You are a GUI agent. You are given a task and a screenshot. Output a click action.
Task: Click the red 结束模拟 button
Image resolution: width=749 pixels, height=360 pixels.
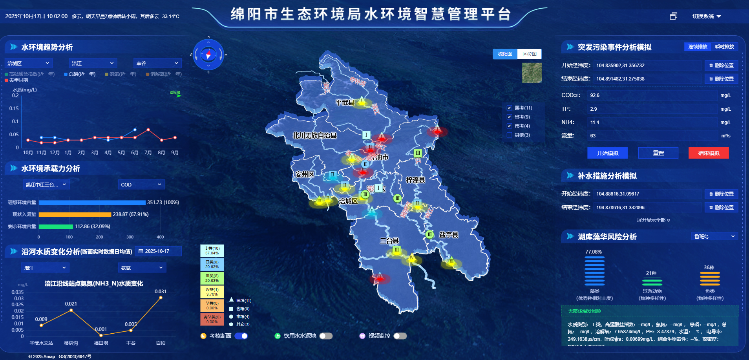pos(709,153)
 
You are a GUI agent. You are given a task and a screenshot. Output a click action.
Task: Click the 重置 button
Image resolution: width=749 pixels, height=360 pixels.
pos(658,153)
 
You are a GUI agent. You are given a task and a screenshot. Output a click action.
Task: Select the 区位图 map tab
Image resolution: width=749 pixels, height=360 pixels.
pos(530,54)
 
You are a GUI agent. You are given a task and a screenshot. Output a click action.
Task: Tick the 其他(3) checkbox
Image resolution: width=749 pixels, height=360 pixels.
pos(510,135)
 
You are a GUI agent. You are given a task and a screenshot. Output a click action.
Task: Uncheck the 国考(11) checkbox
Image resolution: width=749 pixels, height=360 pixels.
pos(510,108)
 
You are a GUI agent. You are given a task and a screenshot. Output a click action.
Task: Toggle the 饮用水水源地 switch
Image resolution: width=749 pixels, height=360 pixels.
pos(326,336)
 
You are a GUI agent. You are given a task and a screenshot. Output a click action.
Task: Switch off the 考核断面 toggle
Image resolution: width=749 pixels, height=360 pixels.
pos(241,336)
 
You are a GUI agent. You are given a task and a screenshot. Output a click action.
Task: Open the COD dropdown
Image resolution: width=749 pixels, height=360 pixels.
pos(141,185)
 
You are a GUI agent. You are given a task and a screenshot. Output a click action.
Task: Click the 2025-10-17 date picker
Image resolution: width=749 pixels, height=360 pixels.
pos(158,251)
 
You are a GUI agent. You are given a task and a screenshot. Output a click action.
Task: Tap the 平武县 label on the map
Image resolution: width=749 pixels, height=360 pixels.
pos(345,102)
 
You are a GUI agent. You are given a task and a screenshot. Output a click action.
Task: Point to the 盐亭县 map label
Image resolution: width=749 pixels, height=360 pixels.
pos(449,235)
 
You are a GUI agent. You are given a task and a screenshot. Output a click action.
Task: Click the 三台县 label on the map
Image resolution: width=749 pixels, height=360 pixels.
pos(389,241)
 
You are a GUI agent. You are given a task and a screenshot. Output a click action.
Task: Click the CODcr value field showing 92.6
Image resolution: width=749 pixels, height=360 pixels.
pos(652,95)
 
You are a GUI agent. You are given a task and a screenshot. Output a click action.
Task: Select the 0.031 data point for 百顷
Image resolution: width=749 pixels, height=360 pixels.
pos(161,298)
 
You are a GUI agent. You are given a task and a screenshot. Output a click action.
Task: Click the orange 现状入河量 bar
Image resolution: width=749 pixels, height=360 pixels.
pos(75,214)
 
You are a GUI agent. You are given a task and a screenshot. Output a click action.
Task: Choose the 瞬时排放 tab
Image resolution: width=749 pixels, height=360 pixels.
pos(724,47)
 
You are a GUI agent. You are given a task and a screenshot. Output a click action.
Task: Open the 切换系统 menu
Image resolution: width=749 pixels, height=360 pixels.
pos(707,16)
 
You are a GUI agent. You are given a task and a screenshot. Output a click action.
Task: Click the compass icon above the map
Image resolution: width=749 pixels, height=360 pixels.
pos(208,55)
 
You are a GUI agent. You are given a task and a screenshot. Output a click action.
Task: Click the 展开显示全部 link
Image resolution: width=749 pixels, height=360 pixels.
pos(653,220)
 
